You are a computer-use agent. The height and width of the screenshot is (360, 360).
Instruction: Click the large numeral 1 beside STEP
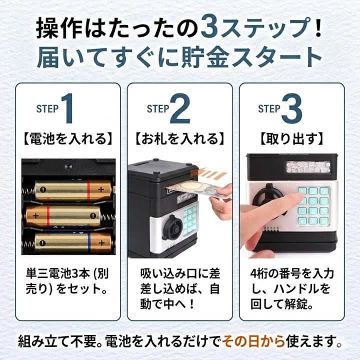tap(67, 108)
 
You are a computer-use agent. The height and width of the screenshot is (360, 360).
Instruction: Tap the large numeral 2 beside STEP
tap(180, 108)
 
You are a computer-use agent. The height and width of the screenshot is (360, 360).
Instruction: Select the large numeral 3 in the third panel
tap(292, 108)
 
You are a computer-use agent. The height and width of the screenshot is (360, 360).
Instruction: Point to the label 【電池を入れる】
tap(68, 138)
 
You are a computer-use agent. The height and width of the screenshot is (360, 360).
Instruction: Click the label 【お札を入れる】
tap(180, 138)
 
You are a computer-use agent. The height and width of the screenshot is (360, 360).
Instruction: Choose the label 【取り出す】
tap(291, 138)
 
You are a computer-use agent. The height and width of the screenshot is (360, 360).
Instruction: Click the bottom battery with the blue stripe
tap(73, 242)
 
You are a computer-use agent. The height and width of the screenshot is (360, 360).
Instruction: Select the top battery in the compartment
tap(73, 189)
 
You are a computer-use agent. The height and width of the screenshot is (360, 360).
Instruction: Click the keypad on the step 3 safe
tap(313, 205)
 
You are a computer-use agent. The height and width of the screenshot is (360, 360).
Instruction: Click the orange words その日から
tap(253, 341)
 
